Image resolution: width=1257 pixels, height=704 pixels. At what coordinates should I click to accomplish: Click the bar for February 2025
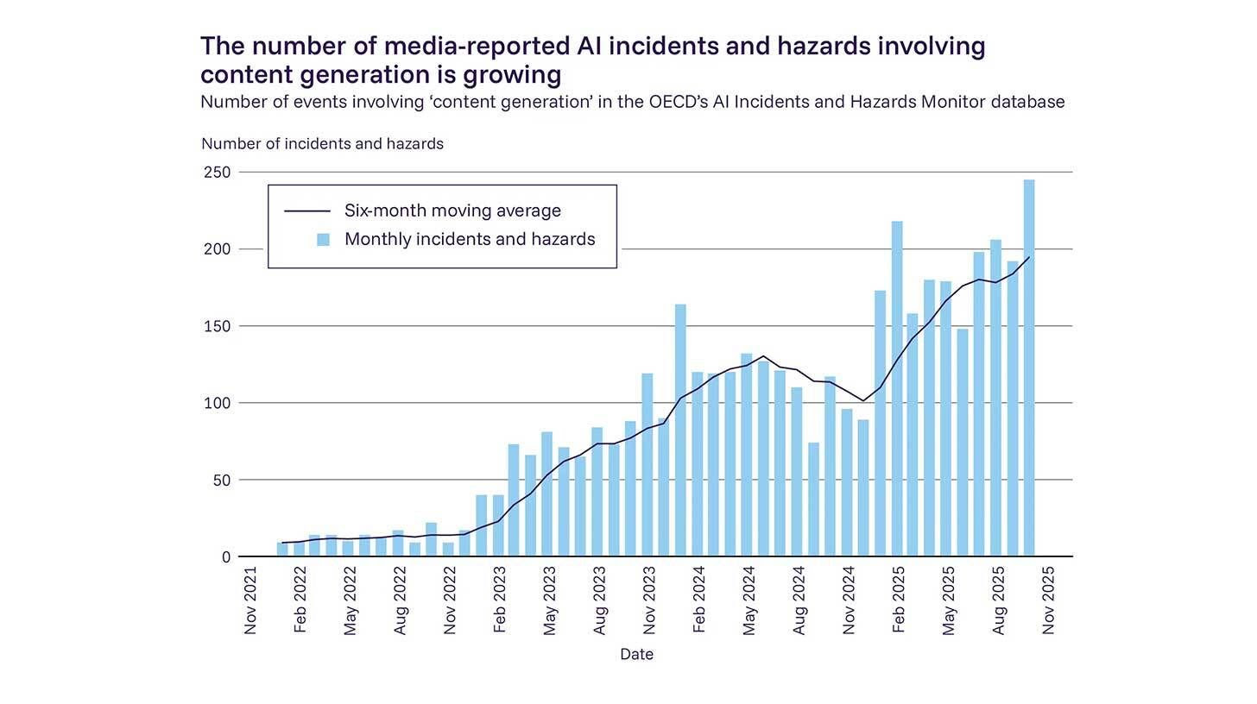coord(897,388)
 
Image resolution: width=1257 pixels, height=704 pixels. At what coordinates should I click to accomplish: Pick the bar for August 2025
coord(995,398)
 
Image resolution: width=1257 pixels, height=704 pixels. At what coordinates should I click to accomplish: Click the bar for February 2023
coord(498,525)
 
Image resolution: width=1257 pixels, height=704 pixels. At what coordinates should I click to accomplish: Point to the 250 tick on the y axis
coord(218,173)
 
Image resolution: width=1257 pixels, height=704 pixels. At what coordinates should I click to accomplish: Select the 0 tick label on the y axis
coord(226,557)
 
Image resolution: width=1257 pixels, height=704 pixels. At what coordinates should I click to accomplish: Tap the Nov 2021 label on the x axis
coord(251,600)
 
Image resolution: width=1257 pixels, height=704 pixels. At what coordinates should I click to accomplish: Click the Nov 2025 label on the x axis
coord(1049,600)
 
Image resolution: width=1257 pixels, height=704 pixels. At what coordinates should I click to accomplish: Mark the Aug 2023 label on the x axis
coord(600,600)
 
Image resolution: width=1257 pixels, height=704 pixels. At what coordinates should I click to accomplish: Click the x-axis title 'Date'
coord(636,655)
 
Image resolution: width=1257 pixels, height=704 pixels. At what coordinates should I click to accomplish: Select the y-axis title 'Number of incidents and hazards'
coord(322,144)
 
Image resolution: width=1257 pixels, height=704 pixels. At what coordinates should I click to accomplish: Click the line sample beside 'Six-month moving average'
coord(307,211)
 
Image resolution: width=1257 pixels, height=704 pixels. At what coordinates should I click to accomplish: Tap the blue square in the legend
coord(323,240)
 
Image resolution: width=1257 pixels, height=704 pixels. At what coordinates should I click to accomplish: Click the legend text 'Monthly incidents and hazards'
coord(470,240)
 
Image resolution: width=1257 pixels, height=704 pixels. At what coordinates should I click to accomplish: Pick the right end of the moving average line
coord(1029,257)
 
